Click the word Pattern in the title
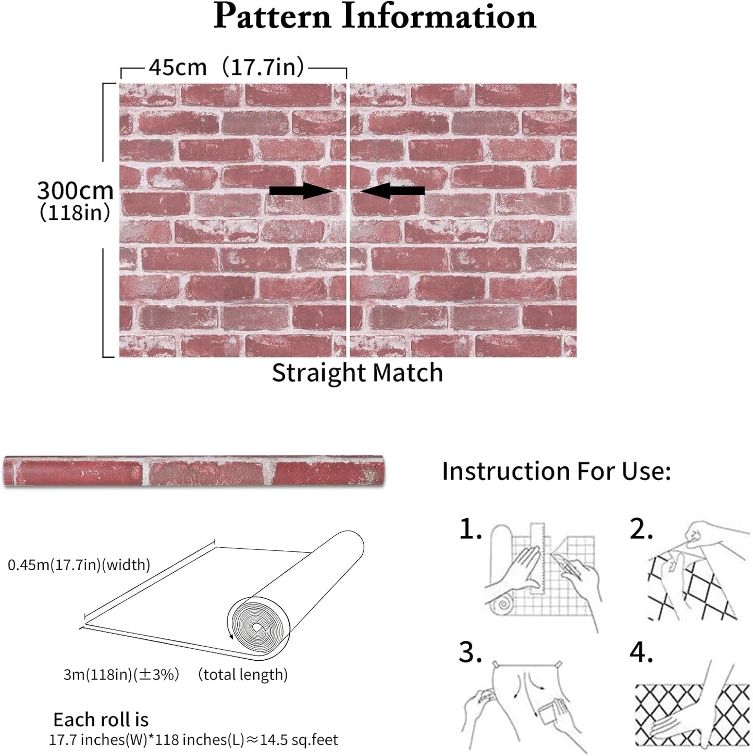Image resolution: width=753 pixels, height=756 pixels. pos(272,17)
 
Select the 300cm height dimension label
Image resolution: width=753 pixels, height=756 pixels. pos(75,190)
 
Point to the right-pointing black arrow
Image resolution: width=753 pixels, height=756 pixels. pos(301,191)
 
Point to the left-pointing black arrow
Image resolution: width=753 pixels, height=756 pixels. pos(392,191)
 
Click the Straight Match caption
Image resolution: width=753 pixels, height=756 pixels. pos(357,372)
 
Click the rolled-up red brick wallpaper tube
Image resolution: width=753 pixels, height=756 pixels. pos(194,471)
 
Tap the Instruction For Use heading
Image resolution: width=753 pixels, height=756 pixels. pos(556,471)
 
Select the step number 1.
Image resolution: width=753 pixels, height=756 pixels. pos(470,529)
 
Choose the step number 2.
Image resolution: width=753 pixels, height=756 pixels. pos(641,529)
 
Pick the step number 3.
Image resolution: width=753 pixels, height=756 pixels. pos(470,652)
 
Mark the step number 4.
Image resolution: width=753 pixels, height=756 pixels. pos(641,652)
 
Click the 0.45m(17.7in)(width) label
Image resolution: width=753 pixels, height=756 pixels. pos(79,565)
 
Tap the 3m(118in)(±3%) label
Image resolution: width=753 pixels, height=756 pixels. pos(121,674)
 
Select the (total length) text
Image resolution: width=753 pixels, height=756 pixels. pos(243,674)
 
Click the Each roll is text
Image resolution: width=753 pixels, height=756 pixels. pos(101,720)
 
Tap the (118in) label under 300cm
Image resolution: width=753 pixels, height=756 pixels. pos(75,213)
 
